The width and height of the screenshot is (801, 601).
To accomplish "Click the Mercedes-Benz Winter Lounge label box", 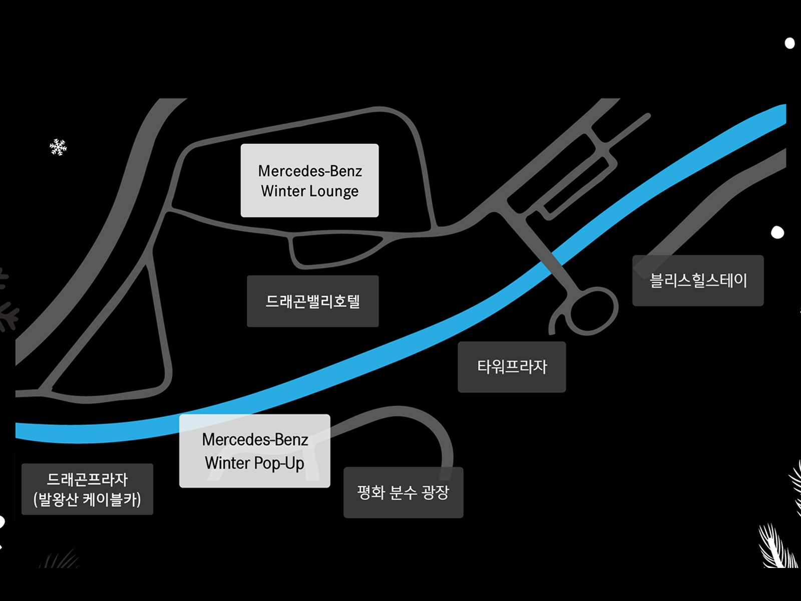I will (309, 180).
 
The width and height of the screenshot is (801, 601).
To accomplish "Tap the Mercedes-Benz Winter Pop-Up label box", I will (254, 451).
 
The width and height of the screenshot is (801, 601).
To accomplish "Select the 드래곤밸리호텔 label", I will (312, 302).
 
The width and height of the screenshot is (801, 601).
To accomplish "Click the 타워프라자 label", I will (512, 367).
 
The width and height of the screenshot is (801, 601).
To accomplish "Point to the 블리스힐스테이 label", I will (698, 280).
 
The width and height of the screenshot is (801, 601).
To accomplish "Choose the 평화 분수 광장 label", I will (403, 493).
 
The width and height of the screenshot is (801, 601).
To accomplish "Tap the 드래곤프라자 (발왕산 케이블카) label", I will (87, 489).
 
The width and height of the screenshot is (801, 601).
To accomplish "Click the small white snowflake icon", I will (58, 147).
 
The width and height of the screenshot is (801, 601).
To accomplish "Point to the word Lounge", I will (334, 191).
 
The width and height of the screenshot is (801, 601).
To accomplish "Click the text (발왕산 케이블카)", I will (87, 500).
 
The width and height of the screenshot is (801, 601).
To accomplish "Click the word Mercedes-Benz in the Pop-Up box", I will (255, 440).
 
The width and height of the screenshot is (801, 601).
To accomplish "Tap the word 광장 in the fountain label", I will (435, 493).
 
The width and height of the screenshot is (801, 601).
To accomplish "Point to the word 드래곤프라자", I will (87, 479).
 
